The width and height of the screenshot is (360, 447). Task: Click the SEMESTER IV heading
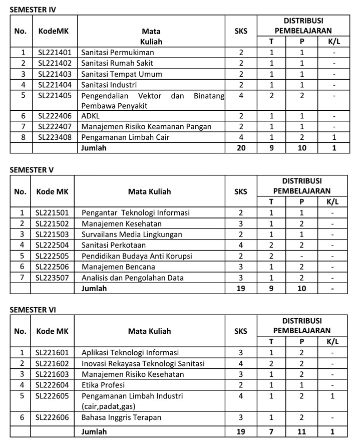pyautogui.click(x=33, y=10)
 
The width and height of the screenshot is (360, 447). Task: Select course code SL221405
pyautogui.click(x=55, y=96)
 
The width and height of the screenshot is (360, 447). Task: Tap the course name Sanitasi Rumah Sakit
pyautogui.click(x=117, y=63)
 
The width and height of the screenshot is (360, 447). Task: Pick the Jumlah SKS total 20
pyautogui.click(x=241, y=148)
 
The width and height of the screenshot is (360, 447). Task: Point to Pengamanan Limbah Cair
pyautogui.click(x=125, y=137)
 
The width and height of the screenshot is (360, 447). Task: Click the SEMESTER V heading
pyautogui.click(x=32, y=170)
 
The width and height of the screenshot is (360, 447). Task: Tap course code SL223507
pyautogui.click(x=52, y=278)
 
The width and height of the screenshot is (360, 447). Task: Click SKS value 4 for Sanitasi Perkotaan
pyautogui.click(x=241, y=246)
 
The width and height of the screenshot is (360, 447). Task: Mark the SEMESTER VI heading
pyautogui.click(x=33, y=310)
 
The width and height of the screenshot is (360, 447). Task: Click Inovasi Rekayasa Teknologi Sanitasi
pyautogui.click(x=143, y=363)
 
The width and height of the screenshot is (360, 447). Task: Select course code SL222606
pyautogui.click(x=52, y=417)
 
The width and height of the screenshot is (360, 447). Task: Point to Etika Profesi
pyautogui.click(x=103, y=385)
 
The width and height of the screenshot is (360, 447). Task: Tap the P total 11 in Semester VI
pyautogui.click(x=302, y=431)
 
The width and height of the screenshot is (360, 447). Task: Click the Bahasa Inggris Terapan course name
pyautogui.click(x=122, y=417)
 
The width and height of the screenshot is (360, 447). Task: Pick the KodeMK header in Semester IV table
pyautogui.click(x=54, y=31)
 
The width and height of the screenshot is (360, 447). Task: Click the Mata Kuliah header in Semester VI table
pyautogui.click(x=149, y=331)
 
